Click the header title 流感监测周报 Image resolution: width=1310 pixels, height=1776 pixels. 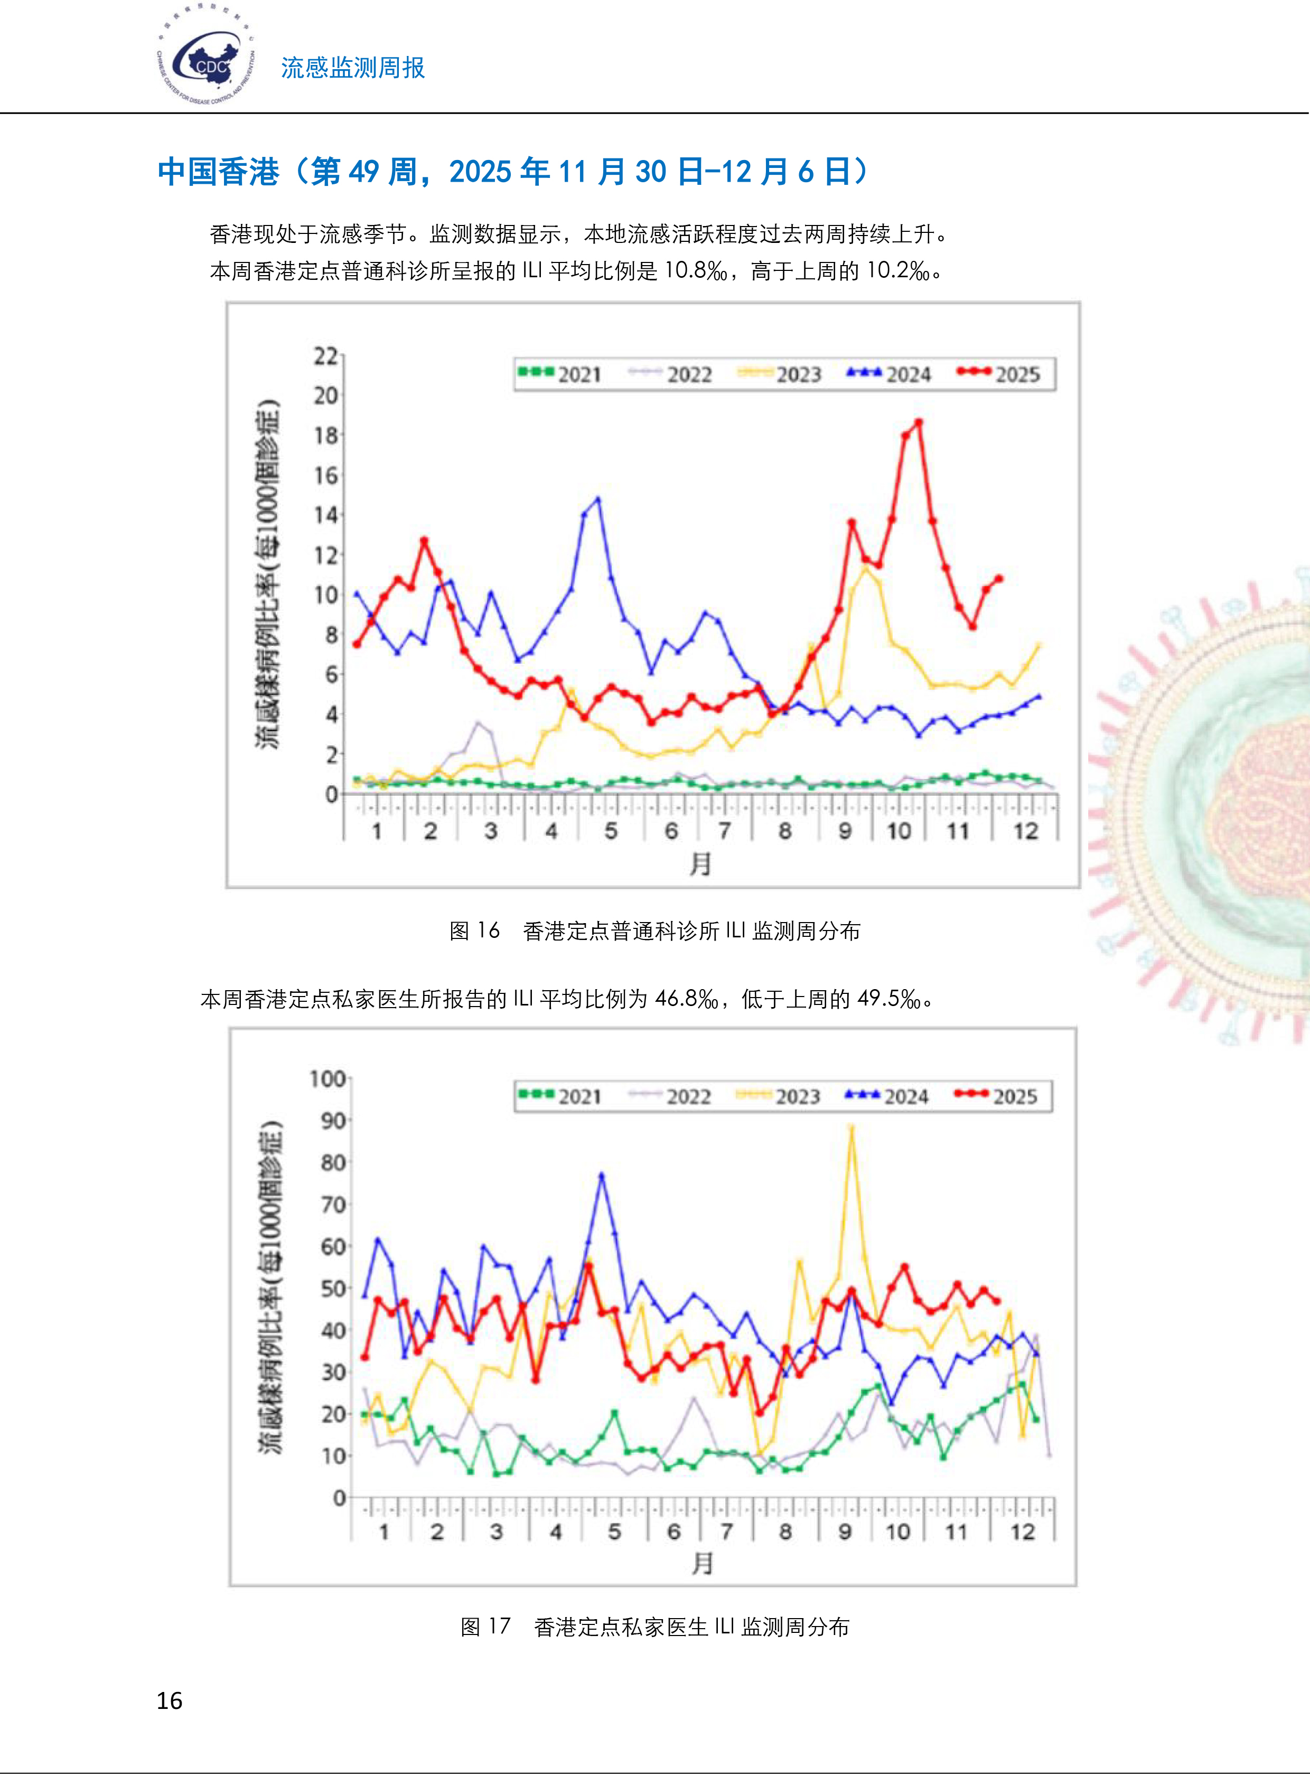pos(353,68)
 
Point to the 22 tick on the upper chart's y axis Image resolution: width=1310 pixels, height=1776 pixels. pos(325,356)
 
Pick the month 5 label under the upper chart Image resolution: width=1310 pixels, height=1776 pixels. pos(611,831)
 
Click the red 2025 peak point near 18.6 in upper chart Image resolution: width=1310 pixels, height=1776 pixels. pos(918,422)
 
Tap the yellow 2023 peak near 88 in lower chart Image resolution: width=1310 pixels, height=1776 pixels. pos(851,1127)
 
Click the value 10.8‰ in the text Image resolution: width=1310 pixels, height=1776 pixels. pos(696,271)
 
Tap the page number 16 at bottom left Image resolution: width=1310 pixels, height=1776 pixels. pos(170,1700)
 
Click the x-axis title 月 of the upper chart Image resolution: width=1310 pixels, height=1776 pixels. pos(699,863)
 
